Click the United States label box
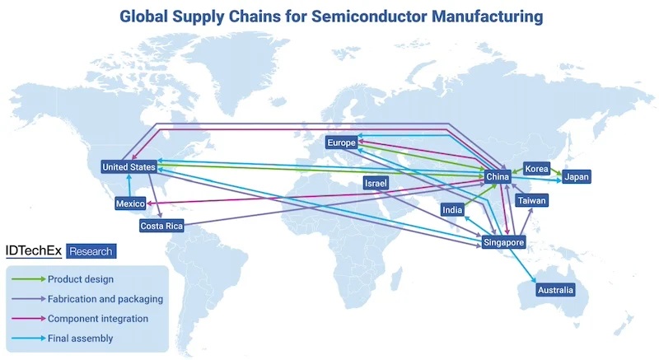[x=129, y=166]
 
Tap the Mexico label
[x=130, y=203]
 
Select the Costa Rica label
[x=161, y=226]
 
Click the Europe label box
[x=342, y=143]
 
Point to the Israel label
[x=376, y=183]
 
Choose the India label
[x=452, y=209]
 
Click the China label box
[x=498, y=177]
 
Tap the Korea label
[x=537, y=169]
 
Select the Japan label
[x=576, y=177]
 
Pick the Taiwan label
[x=531, y=200]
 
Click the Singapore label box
[x=503, y=242]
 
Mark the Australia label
[x=555, y=290]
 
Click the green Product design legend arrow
[x=29, y=279]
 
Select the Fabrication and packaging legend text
[x=105, y=299]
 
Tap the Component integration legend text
[x=98, y=319]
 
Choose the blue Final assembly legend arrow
[x=29, y=338]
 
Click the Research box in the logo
[x=91, y=251]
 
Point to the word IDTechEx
[x=34, y=250]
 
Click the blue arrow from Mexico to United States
[x=129, y=185]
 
